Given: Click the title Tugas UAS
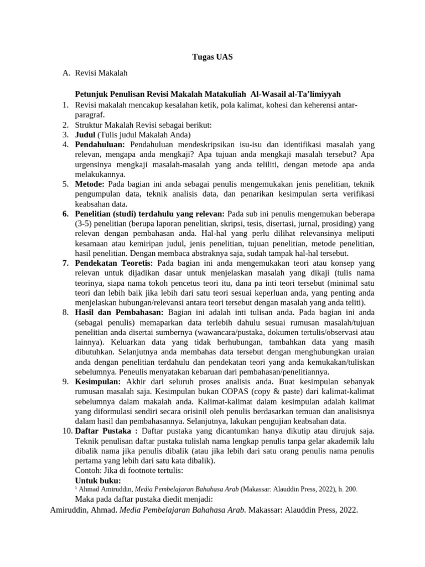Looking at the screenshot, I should point(212,57).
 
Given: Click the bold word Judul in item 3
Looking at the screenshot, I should point(85,135).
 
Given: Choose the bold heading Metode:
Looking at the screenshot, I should point(90,183).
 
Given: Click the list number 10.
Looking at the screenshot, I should point(66,431).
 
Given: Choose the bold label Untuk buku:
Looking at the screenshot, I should point(98,480).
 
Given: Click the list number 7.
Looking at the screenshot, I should point(66,263).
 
